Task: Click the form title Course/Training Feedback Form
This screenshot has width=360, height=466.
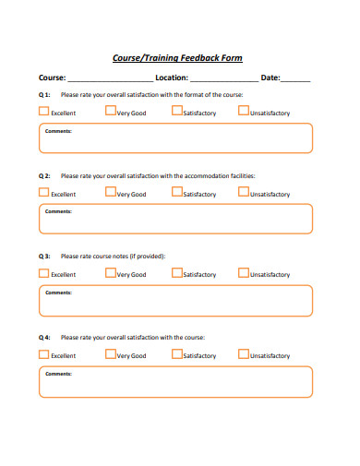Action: pos(177,57)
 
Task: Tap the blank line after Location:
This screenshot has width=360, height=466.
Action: pos(224,80)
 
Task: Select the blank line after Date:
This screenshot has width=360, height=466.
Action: pos(296,80)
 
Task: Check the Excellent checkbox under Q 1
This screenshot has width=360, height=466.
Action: pos(44,111)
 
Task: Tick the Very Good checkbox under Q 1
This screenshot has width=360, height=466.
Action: pos(110,111)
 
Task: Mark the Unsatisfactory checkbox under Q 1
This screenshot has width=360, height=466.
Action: pos(243,111)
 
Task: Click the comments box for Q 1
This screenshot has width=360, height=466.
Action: pos(175,138)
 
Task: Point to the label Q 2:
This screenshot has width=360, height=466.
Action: pos(44,175)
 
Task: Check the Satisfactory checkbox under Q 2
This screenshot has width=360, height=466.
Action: pos(176,192)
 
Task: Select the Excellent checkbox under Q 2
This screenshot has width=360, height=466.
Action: pos(44,192)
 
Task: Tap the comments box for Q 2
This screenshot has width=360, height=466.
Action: pos(175,220)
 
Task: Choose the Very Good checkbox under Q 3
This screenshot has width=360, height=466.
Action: pos(110,272)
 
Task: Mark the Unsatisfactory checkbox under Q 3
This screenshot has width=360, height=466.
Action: pos(243,272)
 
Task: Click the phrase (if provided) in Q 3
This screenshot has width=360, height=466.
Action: pos(147,256)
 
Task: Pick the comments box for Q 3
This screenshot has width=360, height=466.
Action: pos(175,300)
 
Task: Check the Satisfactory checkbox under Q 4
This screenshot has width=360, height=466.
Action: pos(176,353)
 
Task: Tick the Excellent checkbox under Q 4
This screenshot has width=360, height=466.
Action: pos(44,353)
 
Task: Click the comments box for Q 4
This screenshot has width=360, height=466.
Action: pos(175,381)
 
